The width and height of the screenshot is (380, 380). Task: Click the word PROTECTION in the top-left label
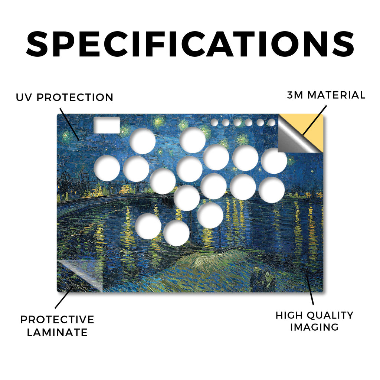click(75, 98)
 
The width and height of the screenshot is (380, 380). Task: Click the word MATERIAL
click(336, 95)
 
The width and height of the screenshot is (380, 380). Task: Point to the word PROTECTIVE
click(57, 320)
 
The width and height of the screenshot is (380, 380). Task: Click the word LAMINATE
click(57, 332)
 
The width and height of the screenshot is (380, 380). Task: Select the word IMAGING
click(314, 327)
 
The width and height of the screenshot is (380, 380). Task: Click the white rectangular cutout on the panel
click(107, 125)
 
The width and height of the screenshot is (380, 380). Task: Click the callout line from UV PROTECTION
click(70, 124)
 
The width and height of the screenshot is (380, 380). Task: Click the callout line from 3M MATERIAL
click(314, 120)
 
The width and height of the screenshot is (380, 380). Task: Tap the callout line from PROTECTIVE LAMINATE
click(64, 298)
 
